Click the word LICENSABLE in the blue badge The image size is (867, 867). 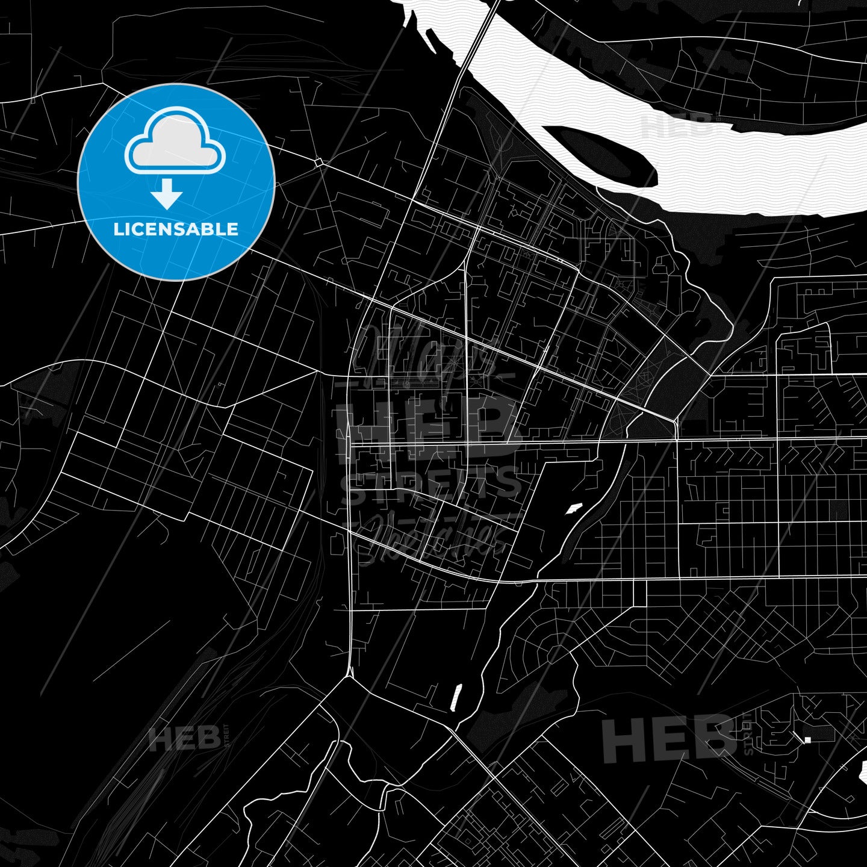point(176,229)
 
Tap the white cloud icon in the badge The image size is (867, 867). point(175,143)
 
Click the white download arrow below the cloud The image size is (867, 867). point(167,194)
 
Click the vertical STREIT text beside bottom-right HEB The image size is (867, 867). point(748,735)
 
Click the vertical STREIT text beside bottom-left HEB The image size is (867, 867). point(227,736)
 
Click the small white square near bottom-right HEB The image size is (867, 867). point(807,739)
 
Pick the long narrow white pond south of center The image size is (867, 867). point(457,697)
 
